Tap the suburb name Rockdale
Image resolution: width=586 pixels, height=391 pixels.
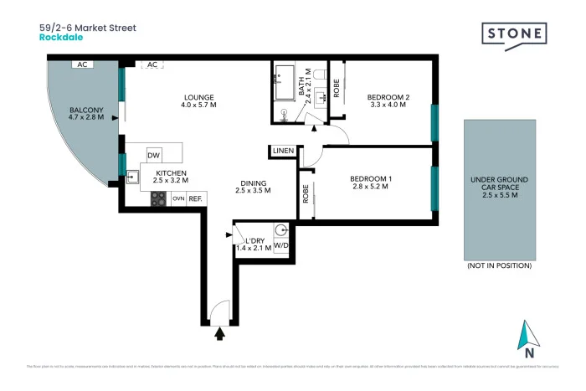[x=59, y=38]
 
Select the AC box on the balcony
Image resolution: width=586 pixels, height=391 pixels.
[x=82, y=64]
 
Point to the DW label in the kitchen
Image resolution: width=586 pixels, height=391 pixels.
[x=153, y=156]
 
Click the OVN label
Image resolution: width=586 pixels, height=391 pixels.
[x=177, y=198]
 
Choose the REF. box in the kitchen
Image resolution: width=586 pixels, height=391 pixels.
[x=196, y=198]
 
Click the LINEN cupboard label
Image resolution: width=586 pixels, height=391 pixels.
[x=280, y=152]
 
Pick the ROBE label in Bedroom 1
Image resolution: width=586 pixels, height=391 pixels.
[x=306, y=193]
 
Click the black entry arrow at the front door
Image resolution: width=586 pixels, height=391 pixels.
[x=220, y=334]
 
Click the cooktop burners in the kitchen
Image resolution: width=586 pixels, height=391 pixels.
[x=157, y=198]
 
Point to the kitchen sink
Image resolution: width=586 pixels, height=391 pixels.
[x=132, y=177]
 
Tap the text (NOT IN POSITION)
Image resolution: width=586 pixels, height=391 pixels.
[x=498, y=265]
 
